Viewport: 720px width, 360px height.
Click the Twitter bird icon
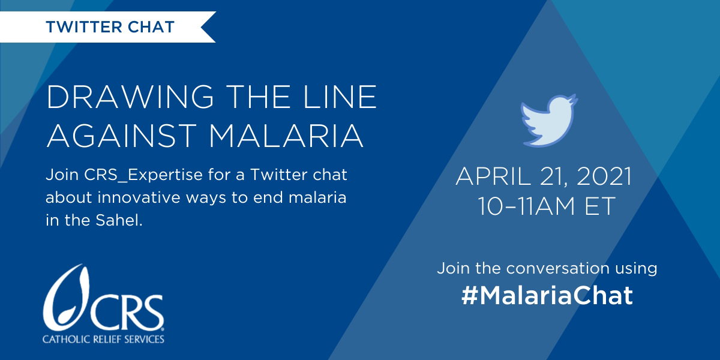[x=548, y=121]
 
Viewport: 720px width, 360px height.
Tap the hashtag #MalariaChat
[x=547, y=295]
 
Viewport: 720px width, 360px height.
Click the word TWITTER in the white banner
[x=83, y=27]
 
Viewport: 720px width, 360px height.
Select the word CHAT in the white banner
[x=151, y=27]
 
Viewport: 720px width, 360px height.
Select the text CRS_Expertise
[x=143, y=175]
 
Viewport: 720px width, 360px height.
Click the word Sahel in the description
[x=119, y=221]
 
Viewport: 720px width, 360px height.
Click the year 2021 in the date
[x=604, y=176]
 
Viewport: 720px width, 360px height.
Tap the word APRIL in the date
[x=493, y=176]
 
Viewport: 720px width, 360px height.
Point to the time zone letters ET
[x=600, y=206]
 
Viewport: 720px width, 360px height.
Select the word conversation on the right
[x=557, y=268]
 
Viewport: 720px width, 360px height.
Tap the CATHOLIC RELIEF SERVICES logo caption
[x=103, y=339]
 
